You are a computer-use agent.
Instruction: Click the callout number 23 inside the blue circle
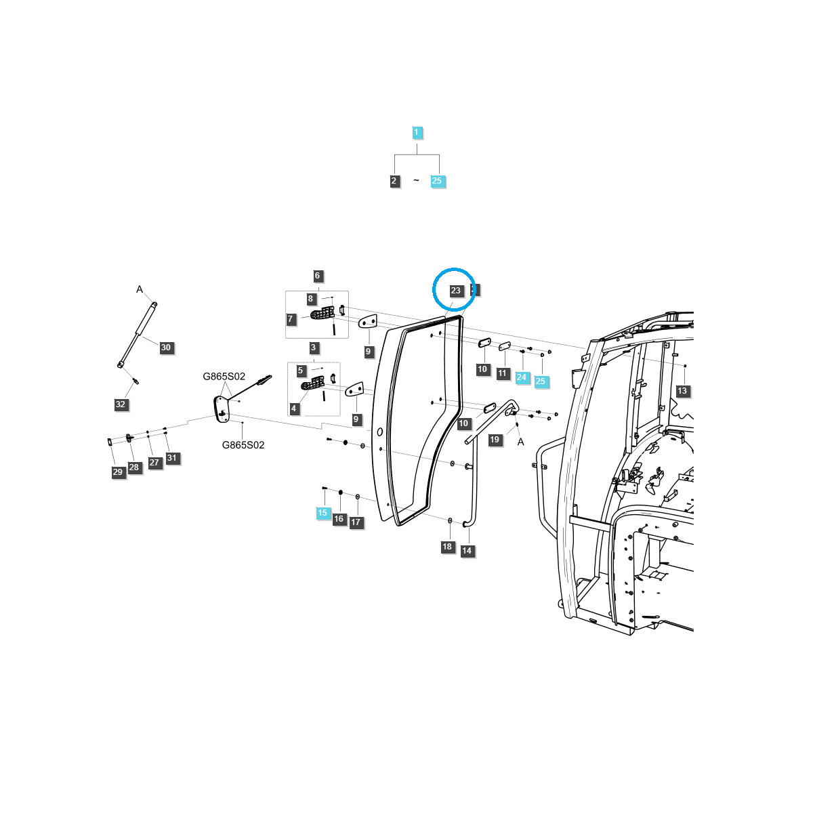coord(455,291)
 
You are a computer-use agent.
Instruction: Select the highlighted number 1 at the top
coord(417,133)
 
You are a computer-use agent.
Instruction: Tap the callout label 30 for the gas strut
coord(166,348)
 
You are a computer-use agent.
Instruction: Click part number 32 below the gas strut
coord(120,404)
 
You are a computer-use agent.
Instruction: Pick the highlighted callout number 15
coord(322,513)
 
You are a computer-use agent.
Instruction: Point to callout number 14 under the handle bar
coord(466,551)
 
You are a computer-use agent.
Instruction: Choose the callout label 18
coord(447,547)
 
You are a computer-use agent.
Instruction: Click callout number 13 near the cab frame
coord(682,391)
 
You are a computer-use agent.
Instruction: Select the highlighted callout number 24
coord(521,377)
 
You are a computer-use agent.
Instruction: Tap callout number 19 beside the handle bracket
coord(495,440)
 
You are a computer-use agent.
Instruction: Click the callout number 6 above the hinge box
coord(317,276)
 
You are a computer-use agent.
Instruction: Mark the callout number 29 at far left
coord(118,472)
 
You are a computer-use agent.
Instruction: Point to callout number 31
coord(171,458)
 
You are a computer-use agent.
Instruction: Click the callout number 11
coord(502,373)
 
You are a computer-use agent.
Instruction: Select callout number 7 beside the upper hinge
coord(291,319)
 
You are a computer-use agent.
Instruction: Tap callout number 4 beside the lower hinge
coord(294,409)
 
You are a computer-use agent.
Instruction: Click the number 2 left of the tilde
coord(394,181)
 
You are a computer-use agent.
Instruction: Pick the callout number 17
coord(356,522)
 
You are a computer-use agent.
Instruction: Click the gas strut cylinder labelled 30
coord(139,332)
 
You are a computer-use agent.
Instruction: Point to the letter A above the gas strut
coord(140,289)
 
